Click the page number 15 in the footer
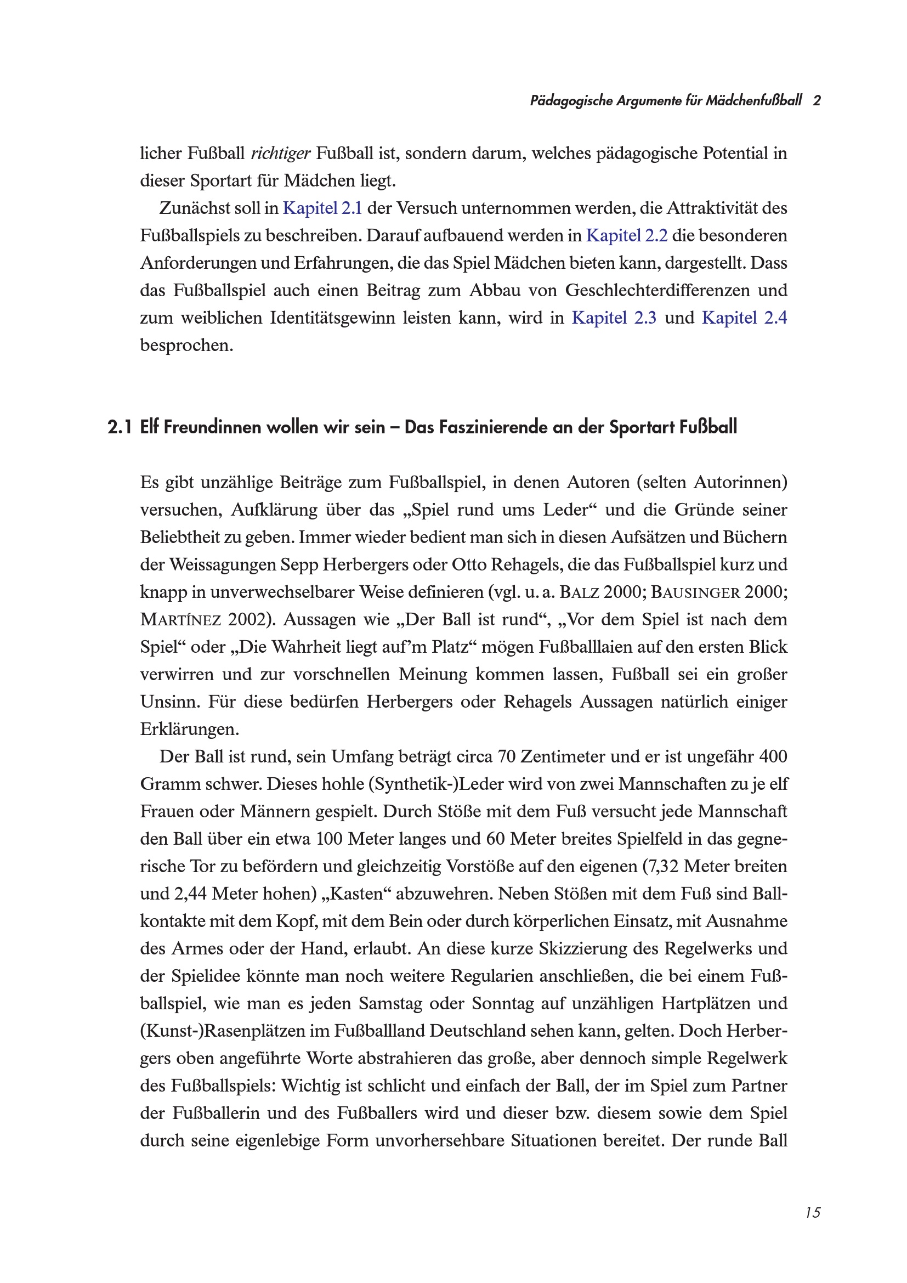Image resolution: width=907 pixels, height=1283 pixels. tap(813, 1212)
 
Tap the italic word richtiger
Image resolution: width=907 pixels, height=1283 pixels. tap(280, 154)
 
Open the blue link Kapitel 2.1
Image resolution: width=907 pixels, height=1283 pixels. tap(322, 208)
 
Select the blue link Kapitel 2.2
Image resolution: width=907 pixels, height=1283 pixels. tap(627, 236)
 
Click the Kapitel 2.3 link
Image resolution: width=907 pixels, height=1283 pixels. tap(614, 318)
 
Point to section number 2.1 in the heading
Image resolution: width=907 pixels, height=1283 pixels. tap(119, 427)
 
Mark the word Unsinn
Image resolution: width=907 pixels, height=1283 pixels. tap(170, 702)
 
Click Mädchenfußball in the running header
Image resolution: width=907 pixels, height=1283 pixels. tap(753, 100)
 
